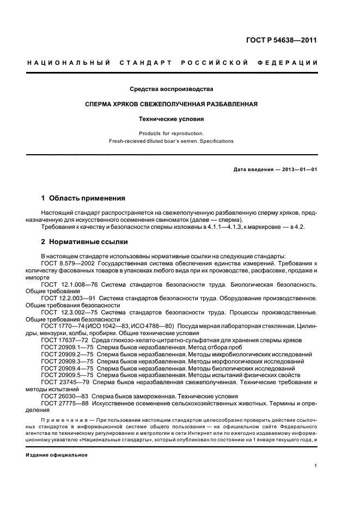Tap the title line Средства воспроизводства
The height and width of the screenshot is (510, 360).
tap(171, 89)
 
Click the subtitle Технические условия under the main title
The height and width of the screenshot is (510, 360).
tap(171, 118)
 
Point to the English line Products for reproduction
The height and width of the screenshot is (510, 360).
tap(171, 133)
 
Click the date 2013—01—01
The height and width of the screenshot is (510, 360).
tap(298, 169)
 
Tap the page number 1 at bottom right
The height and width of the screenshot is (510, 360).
tap(316, 466)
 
